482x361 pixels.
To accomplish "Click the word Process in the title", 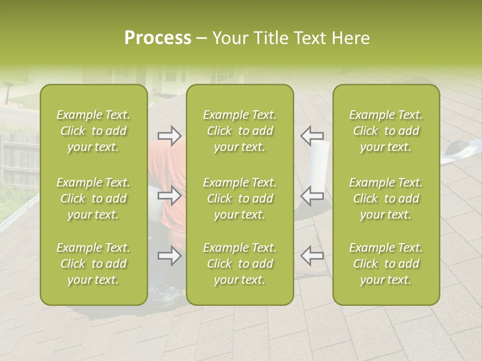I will [158, 38].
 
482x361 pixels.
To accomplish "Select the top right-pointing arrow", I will [169, 135].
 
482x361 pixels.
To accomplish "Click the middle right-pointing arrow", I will [169, 196].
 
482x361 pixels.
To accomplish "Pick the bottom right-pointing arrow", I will [169, 256].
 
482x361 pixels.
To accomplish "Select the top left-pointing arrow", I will [312, 135].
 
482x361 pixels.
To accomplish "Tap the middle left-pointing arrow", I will [312, 196].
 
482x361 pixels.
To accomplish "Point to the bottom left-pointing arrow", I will [312, 256].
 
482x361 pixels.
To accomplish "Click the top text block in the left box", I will [93, 131].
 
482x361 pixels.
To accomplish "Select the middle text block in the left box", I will [93, 199].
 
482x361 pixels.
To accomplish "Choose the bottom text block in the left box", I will [93, 264].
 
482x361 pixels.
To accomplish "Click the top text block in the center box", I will [240, 131].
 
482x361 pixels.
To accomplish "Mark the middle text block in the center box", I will [240, 199].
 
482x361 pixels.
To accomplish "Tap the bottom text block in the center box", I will [240, 264].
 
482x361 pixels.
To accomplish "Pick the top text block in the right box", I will [386, 131].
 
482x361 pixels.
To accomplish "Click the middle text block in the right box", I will [386, 199].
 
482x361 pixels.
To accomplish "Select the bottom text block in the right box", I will [386, 264].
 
